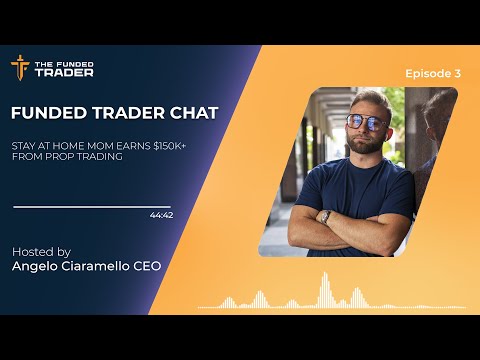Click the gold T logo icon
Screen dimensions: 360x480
(x=19, y=67)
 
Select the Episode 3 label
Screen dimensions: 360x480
(x=433, y=73)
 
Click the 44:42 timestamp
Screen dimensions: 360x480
(x=160, y=215)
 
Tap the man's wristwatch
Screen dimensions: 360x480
(x=325, y=215)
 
